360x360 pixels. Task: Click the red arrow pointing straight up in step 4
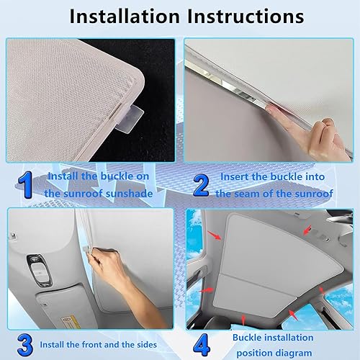pyautogui.click(x=270, y=311)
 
